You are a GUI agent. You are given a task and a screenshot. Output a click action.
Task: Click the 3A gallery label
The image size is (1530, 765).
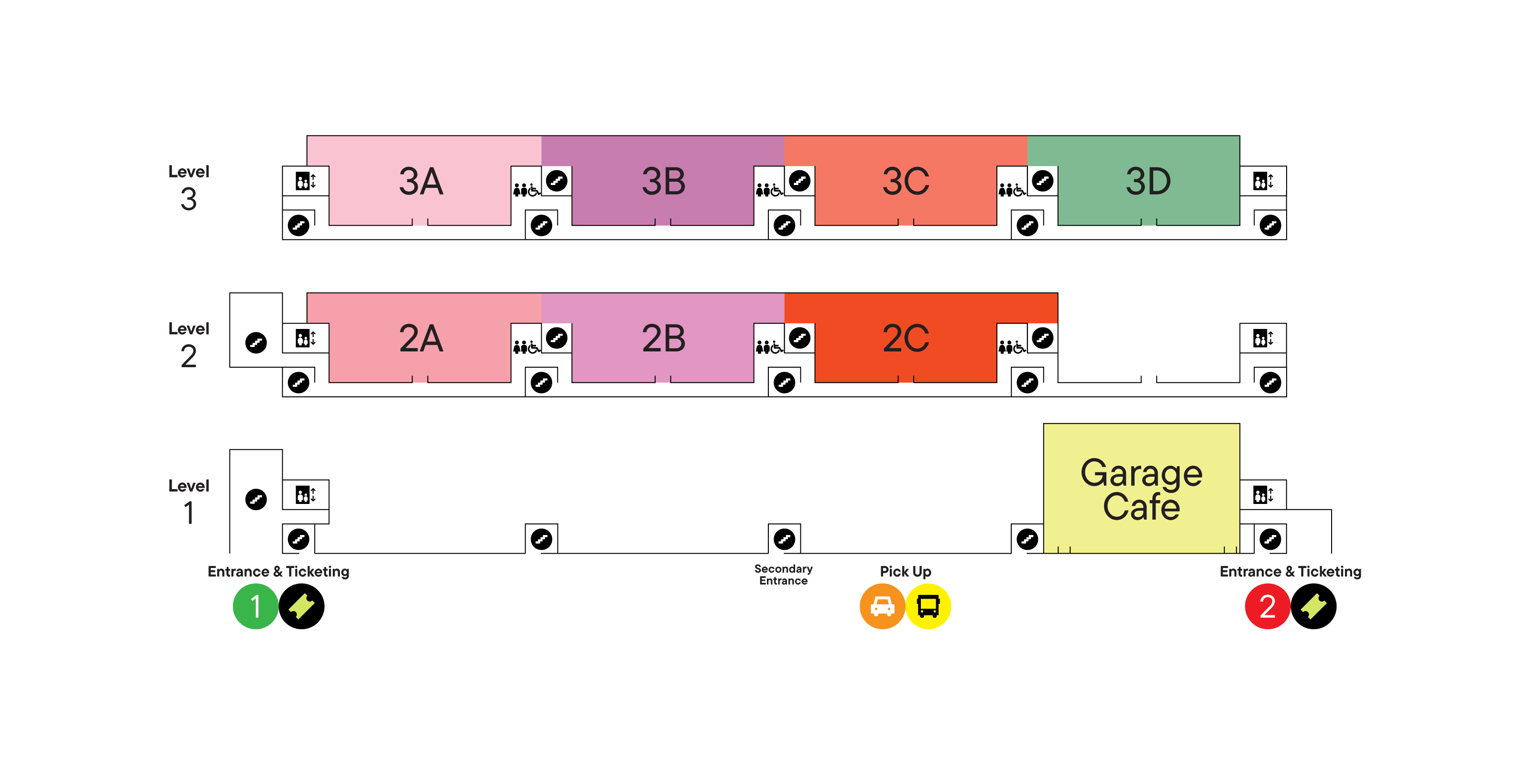[421, 181]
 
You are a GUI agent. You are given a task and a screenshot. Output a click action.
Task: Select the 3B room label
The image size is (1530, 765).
[664, 181]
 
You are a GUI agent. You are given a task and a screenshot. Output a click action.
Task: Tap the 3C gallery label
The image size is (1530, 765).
[905, 181]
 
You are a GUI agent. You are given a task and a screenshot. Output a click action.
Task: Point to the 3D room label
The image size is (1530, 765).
[1148, 181]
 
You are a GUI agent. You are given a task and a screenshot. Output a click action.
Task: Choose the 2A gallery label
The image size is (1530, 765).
[421, 339]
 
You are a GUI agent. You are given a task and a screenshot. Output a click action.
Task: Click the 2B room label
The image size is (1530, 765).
[664, 339]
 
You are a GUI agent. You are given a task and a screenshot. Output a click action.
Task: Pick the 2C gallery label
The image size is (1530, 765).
[905, 339]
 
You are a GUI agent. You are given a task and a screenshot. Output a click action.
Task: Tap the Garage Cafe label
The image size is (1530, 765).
[1141, 490]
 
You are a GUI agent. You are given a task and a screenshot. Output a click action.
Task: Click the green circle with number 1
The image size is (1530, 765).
[255, 606]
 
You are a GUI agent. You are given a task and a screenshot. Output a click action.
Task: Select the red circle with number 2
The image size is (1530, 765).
[1267, 606]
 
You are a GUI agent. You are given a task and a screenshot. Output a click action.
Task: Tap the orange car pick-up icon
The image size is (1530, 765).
[882, 606]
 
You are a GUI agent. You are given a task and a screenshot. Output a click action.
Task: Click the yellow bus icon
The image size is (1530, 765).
[928, 606]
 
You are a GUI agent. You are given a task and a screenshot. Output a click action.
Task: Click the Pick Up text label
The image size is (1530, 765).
[905, 571]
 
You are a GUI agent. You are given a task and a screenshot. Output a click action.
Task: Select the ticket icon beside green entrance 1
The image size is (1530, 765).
[302, 606]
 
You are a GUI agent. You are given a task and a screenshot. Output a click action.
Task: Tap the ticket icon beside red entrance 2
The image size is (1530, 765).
[1313, 606]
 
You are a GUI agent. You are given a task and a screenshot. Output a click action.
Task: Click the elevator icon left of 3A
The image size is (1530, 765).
[306, 181]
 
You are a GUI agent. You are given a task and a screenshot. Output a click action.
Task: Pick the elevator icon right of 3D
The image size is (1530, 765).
[1262, 181]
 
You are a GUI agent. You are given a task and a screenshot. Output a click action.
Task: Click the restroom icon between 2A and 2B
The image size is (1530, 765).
[526, 347]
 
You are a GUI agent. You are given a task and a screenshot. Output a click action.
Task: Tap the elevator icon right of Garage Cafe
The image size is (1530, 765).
[1262, 495]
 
